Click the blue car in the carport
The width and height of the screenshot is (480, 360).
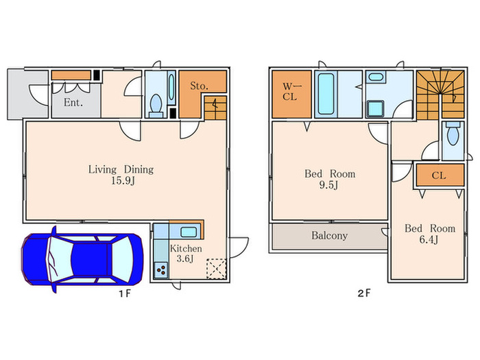pos(82,260)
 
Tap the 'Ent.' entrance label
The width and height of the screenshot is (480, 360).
pos(73,102)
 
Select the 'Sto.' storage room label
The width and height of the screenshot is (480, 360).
pos(199,86)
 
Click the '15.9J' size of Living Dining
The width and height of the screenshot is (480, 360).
pos(123,180)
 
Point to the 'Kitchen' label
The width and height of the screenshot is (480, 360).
pos(186,248)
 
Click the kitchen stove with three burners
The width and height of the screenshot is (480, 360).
pos(161,270)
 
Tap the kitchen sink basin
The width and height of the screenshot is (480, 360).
pos(188,232)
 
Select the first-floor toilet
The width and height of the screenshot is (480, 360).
pos(156,106)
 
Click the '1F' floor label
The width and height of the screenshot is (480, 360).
pos(125,293)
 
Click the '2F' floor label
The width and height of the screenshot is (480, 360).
pos(364,293)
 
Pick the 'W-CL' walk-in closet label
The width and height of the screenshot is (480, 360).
pos(290,91)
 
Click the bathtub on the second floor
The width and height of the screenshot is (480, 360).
pos(326,94)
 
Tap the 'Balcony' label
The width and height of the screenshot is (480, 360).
pos(329,235)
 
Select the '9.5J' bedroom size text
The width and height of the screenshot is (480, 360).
pos(328,185)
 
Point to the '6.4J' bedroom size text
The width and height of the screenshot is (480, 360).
pos(429,239)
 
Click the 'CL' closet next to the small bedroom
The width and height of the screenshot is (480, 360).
pos(439,176)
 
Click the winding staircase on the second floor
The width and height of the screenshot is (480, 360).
pos(440,95)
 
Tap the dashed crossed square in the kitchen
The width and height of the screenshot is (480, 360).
pos(217,269)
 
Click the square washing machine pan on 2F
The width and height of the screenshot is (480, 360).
pos(375,108)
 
